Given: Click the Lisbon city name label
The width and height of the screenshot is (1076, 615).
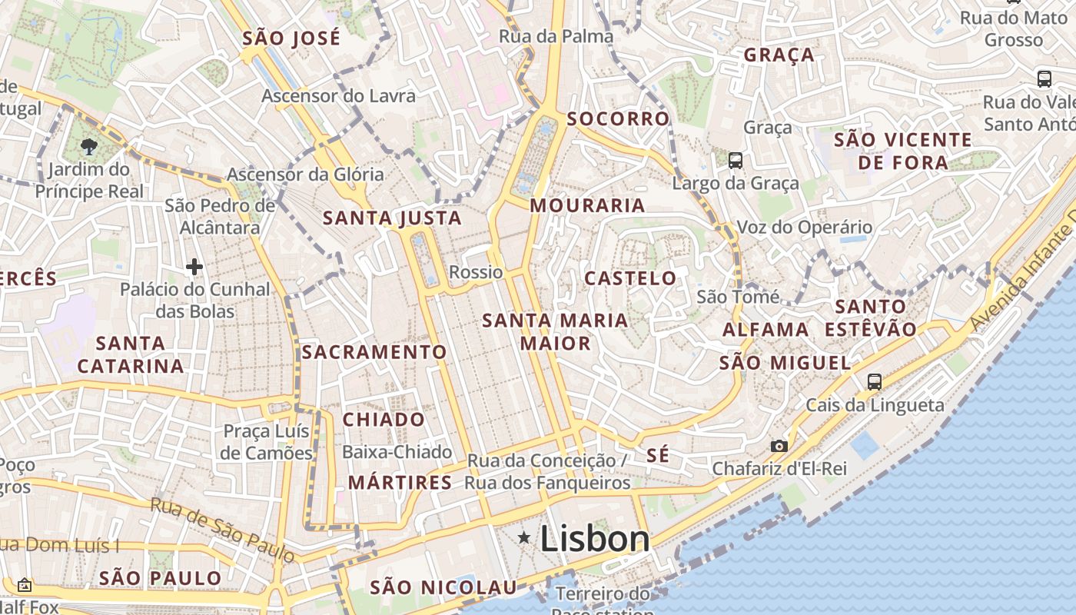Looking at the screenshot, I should tap(595, 539).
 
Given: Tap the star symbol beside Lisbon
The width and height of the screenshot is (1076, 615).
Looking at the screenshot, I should tap(524, 538).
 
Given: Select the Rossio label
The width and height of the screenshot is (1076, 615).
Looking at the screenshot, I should tap(476, 272).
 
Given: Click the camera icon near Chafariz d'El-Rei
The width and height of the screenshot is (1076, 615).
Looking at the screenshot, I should tap(779, 446).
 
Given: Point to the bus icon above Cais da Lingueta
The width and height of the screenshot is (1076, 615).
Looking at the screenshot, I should tap(874, 381).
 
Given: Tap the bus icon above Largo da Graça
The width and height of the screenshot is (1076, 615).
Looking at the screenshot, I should tap(736, 161).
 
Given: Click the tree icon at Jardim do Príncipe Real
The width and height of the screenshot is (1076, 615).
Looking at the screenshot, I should tap(89, 146).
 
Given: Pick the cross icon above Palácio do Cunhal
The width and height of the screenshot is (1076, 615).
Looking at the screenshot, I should tap(194, 267).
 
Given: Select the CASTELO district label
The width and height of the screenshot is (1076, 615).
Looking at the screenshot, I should tap(630, 278).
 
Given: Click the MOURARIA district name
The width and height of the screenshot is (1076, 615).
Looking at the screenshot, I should tap(587, 205).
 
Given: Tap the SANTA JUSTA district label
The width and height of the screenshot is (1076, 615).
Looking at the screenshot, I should tap(392, 218).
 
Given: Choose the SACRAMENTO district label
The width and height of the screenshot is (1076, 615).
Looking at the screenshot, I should tap(374, 352).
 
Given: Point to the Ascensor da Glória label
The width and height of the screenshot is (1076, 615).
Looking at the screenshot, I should tap(305, 175).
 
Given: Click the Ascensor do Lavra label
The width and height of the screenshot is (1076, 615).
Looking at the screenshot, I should tap(338, 96).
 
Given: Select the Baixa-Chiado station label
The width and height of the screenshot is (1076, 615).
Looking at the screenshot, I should tap(397, 452).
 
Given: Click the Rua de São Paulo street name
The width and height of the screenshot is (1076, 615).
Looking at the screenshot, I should tap(222, 529).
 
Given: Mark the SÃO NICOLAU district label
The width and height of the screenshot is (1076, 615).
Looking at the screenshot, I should tap(443, 588).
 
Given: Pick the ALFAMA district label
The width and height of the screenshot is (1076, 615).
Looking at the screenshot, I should tap(765, 330).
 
